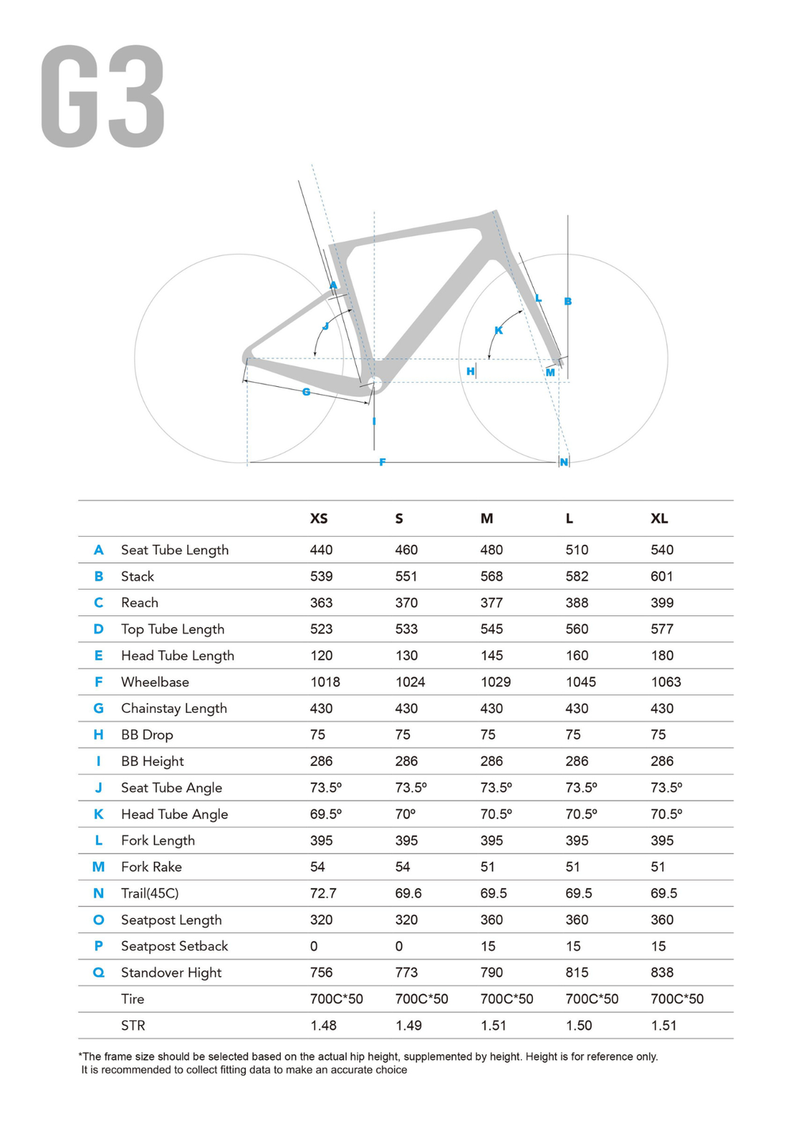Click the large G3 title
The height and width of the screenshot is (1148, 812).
click(103, 97)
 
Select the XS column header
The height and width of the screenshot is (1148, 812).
click(318, 519)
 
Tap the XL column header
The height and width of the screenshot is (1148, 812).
click(659, 519)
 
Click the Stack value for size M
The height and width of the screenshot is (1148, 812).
click(492, 576)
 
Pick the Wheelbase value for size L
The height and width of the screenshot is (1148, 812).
click(580, 682)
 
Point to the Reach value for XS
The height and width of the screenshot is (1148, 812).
click(321, 603)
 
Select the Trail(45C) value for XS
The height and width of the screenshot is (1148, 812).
click(323, 894)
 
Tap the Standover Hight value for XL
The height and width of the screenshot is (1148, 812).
click(662, 973)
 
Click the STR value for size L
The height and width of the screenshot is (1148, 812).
click(579, 1026)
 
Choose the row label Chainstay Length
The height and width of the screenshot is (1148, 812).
click(174, 709)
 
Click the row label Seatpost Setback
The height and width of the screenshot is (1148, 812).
click(174, 947)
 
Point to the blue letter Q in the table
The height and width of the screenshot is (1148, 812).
click(98, 973)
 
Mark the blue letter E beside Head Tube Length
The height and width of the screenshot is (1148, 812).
click(98, 656)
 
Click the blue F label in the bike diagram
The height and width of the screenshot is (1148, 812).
click(382, 462)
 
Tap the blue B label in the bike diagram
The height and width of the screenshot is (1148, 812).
click(568, 301)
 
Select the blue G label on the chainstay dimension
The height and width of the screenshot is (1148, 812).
click(306, 392)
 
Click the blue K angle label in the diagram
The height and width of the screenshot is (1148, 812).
click(499, 331)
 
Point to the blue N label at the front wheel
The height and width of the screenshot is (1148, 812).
click(564, 462)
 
